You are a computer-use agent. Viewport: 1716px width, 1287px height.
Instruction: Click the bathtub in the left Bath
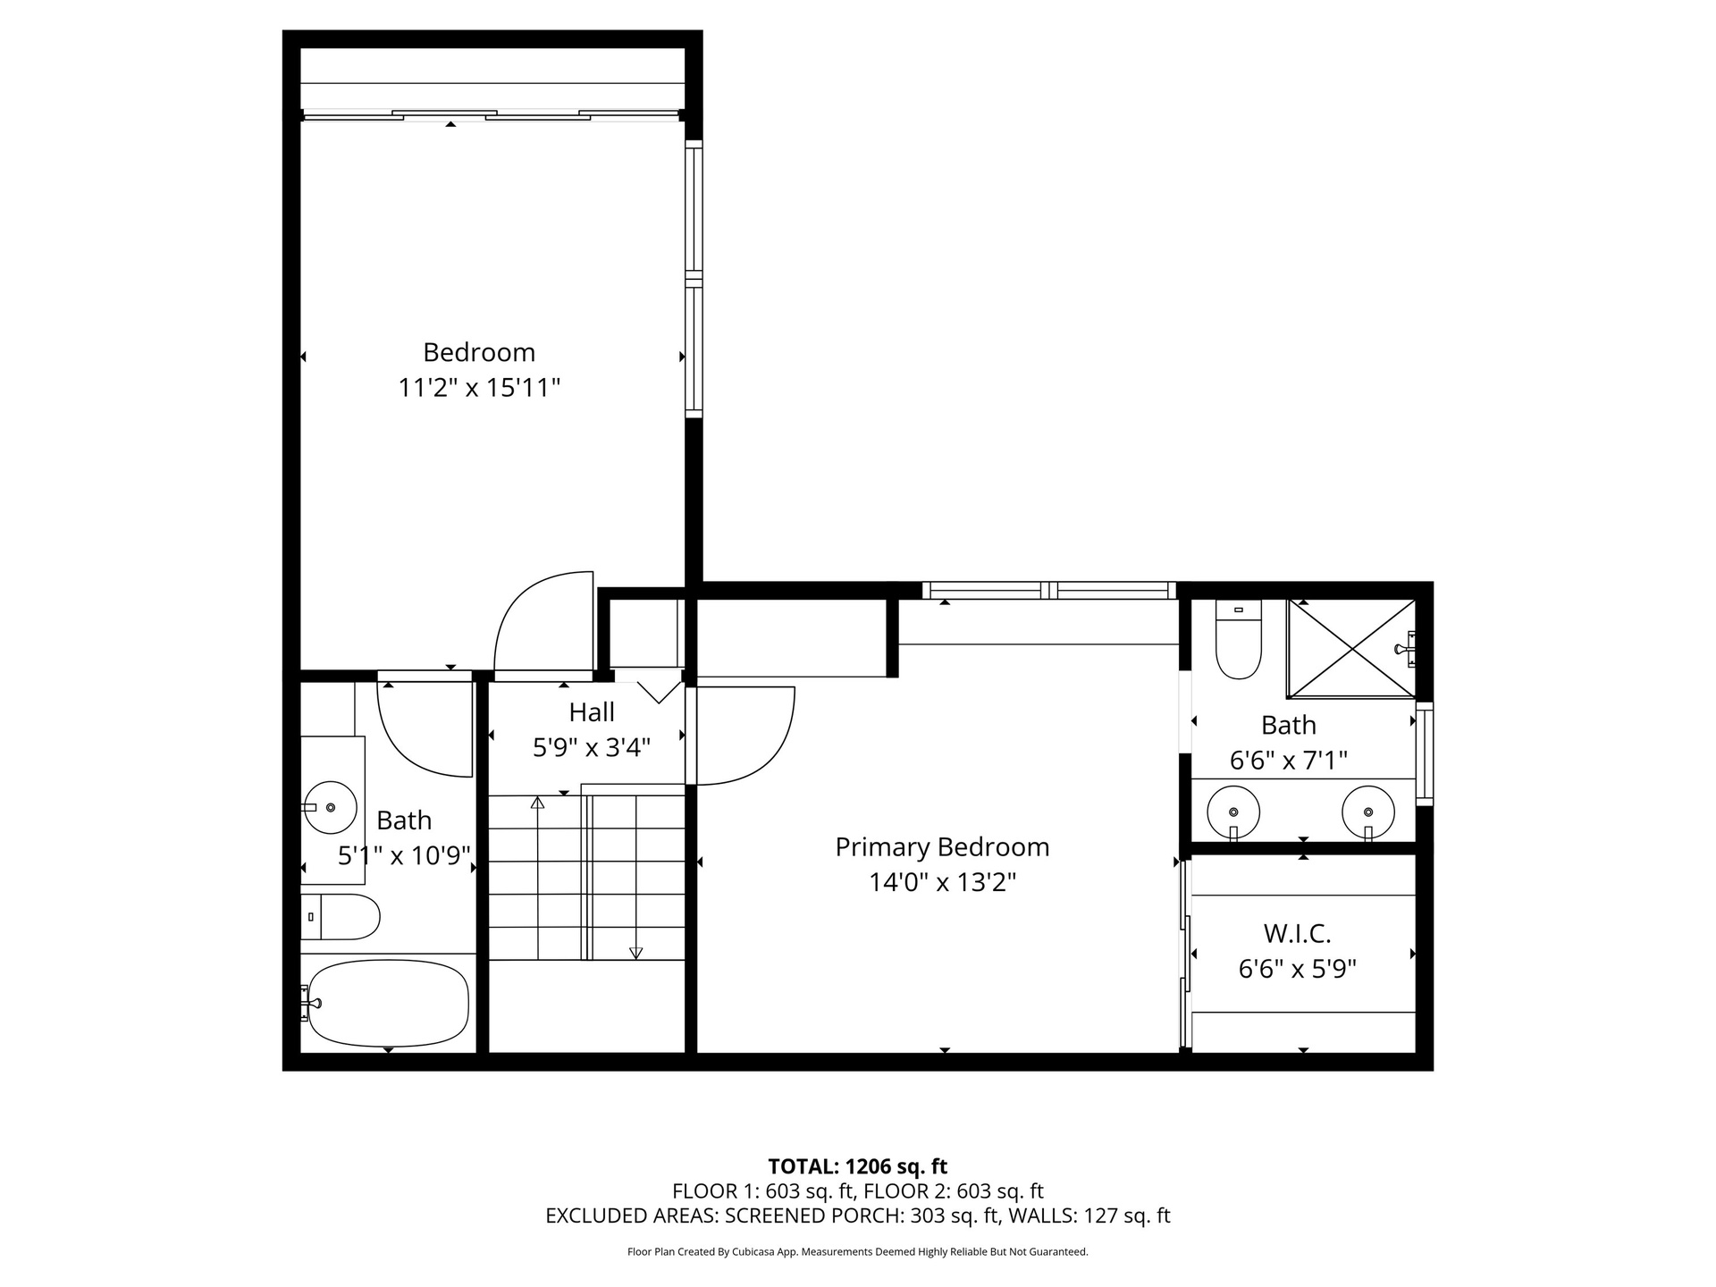389,1003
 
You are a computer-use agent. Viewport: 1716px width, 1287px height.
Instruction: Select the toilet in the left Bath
341,917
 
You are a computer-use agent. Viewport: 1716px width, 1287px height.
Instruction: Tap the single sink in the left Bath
330,807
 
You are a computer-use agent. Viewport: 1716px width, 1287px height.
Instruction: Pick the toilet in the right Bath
1239,639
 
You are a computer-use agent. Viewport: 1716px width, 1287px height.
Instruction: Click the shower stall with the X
1351,648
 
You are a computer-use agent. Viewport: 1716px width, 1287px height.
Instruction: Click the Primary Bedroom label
942,847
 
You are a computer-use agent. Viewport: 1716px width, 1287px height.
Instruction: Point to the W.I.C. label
1298,934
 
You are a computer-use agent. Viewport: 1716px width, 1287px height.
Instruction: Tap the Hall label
592,712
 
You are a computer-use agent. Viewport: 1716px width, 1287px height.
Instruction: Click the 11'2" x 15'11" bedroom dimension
479,388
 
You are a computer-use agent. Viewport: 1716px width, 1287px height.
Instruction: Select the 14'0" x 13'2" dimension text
943,883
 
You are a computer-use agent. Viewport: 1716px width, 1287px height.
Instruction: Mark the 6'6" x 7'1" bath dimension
1289,761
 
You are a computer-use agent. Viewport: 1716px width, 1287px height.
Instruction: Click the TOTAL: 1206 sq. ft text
858,1166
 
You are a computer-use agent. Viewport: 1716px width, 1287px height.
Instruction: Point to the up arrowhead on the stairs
537,803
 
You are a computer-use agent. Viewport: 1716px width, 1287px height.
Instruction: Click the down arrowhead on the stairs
635,954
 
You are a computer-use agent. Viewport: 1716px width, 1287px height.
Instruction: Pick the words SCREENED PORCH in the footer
815,1215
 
